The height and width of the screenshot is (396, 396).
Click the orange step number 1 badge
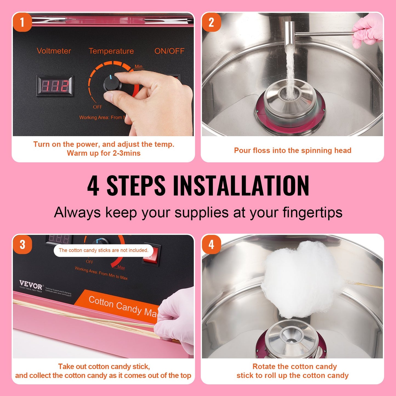pyautogui.click(x=22, y=22)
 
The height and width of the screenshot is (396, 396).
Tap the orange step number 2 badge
pyautogui.click(x=211, y=22)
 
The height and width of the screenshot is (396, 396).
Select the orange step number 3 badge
pyautogui.click(x=22, y=244)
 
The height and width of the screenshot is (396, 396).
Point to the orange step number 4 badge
pyautogui.click(x=211, y=244)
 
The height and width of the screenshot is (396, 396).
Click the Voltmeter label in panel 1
pyautogui.click(x=54, y=51)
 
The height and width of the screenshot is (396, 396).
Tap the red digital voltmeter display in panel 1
pyautogui.click(x=55, y=86)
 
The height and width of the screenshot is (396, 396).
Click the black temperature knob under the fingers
pyautogui.click(x=112, y=84)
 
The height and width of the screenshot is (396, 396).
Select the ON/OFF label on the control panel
pyautogui.click(x=169, y=51)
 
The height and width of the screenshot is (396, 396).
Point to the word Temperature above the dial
pyautogui.click(x=111, y=51)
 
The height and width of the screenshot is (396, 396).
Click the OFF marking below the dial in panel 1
pyautogui.click(x=97, y=107)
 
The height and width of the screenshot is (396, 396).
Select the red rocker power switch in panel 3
pyautogui.click(x=150, y=255)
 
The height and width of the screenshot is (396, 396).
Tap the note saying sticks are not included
pyautogui.click(x=103, y=250)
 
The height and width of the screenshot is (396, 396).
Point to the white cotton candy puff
pyautogui.click(x=300, y=280)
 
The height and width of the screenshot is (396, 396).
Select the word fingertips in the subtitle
pyautogui.click(x=312, y=212)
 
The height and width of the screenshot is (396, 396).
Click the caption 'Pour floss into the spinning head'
pyautogui.click(x=292, y=150)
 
